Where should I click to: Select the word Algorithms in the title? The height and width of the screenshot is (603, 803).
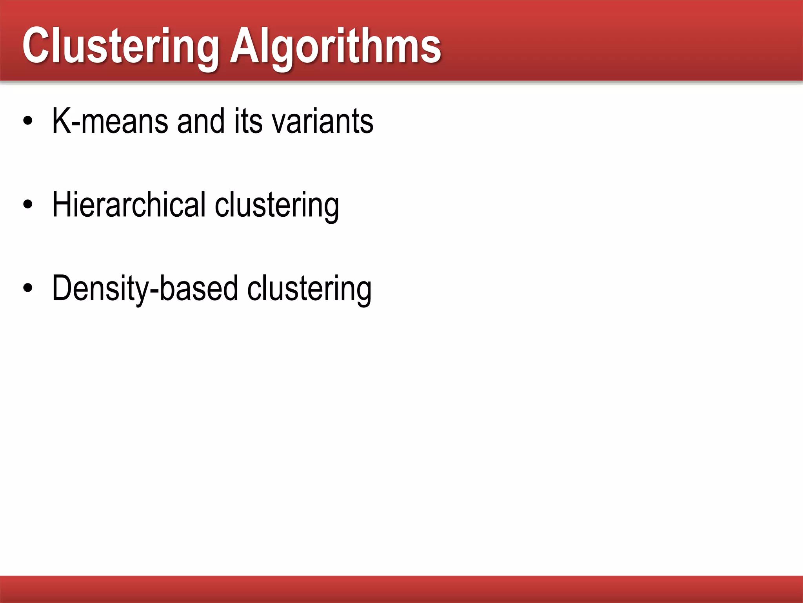(336, 46)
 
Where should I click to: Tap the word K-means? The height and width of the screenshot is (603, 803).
(110, 121)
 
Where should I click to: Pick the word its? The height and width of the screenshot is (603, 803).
(249, 121)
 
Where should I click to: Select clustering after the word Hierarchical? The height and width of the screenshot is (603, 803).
(277, 205)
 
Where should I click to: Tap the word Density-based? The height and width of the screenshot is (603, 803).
(145, 289)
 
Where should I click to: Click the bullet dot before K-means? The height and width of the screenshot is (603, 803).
(28, 121)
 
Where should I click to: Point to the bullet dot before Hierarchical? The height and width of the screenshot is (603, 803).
(28, 205)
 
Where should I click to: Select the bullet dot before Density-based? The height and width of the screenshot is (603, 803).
(28, 288)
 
